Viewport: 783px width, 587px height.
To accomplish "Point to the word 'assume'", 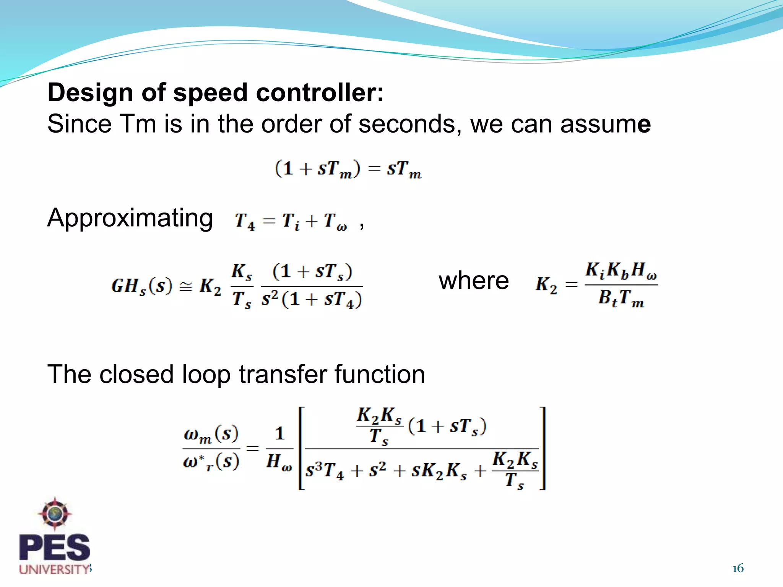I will pos(605,124).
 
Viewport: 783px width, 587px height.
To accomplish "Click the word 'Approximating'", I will pos(130,218).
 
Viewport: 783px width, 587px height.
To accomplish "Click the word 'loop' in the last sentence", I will pos(206,374).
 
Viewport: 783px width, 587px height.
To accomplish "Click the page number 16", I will pos(738,568).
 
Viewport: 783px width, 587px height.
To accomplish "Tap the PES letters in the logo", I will pos(55,548).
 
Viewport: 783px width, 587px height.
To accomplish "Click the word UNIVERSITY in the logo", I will pos(54,569).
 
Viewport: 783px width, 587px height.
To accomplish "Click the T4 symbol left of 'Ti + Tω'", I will pos(245,222).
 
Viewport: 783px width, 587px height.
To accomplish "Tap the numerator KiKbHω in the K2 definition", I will pos(621,270).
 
